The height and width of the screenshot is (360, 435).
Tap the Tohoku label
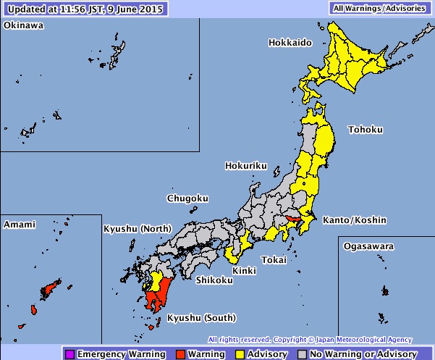tap(366, 130)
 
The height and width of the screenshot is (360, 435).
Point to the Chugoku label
tap(187, 198)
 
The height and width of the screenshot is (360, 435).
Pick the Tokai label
tap(274, 259)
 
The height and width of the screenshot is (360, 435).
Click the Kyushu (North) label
tap(138, 230)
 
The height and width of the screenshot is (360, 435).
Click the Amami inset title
tap(19, 225)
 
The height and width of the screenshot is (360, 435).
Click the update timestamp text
tap(85, 8)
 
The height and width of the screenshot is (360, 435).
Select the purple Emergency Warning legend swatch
tap(69, 354)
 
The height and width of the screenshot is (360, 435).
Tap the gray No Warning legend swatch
tap(303, 354)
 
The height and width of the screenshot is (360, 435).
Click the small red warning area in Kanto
tap(293, 219)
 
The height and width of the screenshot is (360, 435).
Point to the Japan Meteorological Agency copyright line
tap(310, 339)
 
